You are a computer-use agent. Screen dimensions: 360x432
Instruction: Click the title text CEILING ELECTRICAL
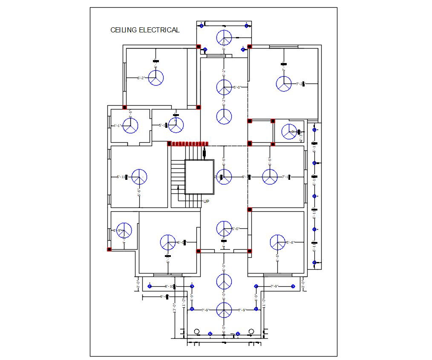coord(145,30)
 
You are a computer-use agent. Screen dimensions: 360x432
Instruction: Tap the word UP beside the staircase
coord(206,201)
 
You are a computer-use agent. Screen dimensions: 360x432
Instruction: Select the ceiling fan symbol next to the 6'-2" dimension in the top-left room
coord(156,78)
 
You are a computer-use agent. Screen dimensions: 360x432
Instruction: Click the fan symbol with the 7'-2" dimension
coord(284,84)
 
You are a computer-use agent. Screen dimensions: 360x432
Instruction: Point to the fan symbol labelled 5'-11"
coord(139,177)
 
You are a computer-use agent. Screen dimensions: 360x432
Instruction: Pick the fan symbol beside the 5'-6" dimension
coord(277,242)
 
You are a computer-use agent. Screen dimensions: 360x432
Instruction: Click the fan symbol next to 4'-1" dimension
coord(130,126)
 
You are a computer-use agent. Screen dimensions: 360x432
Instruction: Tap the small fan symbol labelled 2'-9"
coord(124,230)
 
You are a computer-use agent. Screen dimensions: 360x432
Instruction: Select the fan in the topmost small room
coord(224,37)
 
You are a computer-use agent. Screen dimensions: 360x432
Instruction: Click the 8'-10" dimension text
coord(169,286)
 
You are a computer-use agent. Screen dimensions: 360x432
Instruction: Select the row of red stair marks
coord(188,144)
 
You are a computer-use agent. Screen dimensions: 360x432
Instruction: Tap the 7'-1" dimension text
coord(285,177)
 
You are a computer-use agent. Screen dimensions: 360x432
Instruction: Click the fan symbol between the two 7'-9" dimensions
coord(224,310)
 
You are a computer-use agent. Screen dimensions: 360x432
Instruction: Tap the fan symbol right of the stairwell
coord(224,177)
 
